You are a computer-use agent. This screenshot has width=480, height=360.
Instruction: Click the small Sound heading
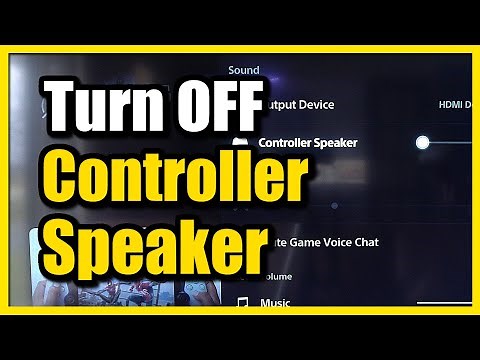[x=244, y=70]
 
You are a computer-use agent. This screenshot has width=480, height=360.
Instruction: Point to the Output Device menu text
[x=297, y=104]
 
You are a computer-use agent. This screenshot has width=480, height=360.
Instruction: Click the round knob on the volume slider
[x=423, y=142]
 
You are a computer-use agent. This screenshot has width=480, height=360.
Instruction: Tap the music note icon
[x=242, y=301]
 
